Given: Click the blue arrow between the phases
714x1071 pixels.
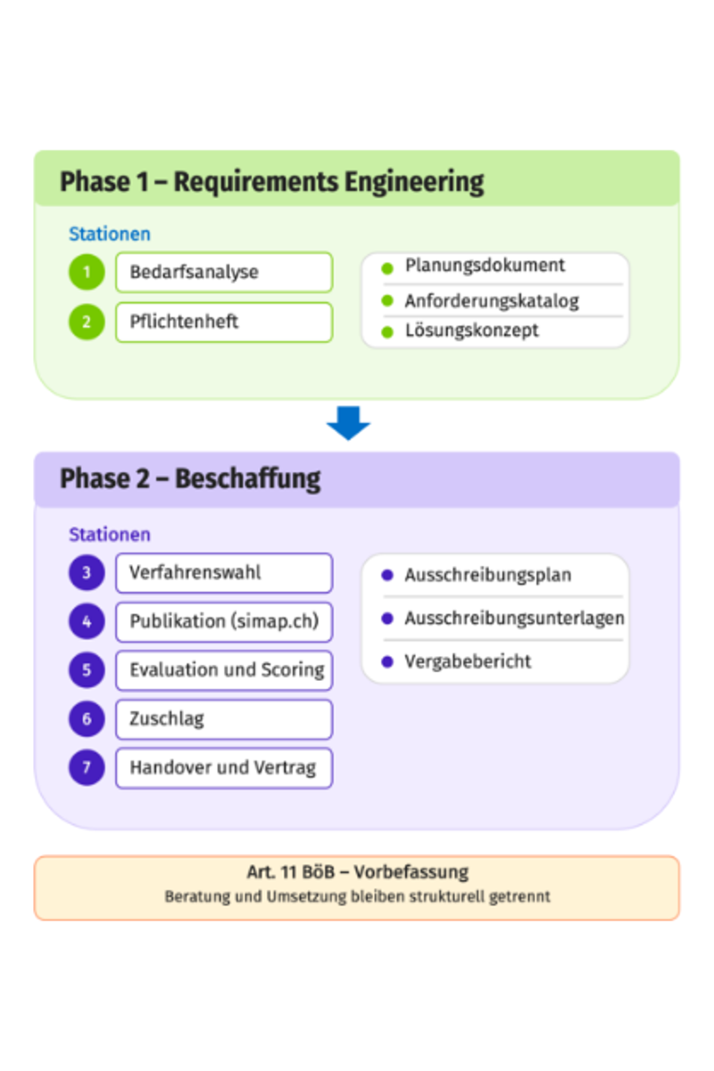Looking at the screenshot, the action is coord(348,423).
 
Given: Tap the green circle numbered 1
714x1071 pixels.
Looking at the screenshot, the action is coord(87,272).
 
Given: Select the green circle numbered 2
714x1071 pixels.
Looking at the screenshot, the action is coord(87,322).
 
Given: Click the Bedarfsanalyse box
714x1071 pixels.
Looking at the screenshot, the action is coord(224,272).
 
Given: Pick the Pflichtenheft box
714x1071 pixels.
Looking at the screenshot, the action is coord(224,322).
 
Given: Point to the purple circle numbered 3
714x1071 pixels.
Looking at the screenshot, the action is coord(87,572).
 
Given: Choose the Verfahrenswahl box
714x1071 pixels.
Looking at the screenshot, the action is coord(224,573).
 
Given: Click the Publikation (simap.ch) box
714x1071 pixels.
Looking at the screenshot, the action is coord(224,621).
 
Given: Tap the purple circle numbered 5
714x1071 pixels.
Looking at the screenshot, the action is coord(87,670).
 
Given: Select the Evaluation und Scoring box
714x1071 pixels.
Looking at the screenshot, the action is coord(224,670).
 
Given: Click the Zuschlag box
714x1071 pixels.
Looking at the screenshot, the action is coord(224,719).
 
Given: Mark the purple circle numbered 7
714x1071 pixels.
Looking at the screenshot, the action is coord(87,768).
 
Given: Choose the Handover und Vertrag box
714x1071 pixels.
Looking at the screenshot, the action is coord(224,768).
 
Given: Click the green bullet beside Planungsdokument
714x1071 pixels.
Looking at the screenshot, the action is coord(387,269).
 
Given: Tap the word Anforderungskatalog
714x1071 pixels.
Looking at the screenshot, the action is coord(492,302).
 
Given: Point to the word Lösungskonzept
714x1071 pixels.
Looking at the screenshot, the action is coord(471,331).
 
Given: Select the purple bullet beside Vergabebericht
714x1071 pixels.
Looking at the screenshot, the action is coord(387,661).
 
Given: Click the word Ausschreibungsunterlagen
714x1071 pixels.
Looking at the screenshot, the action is coord(515,619).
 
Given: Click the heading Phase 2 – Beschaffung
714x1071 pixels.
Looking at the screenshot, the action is coord(190,479).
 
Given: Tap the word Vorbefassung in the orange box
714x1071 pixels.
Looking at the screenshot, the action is coord(411,872).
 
